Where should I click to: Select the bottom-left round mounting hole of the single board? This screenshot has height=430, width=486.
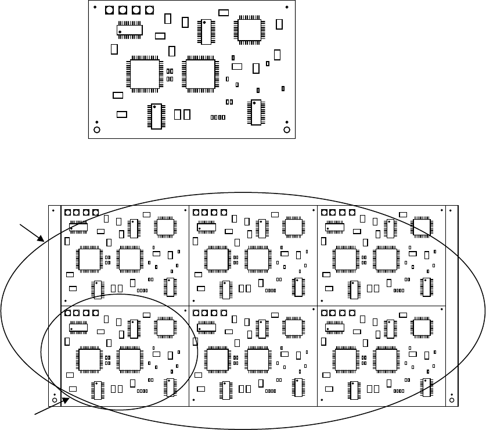click(x=98, y=129)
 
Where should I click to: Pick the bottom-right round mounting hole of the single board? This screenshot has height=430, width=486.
click(x=286, y=129)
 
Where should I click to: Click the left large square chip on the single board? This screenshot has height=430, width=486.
click(x=146, y=74)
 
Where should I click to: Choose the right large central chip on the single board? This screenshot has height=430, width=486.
click(x=200, y=74)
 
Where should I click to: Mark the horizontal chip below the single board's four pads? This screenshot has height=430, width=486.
click(x=129, y=29)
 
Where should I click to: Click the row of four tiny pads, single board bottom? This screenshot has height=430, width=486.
click(x=218, y=117)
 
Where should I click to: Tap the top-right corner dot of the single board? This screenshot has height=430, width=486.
click(x=287, y=7)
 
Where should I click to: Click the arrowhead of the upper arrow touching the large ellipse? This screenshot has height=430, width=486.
click(x=43, y=239)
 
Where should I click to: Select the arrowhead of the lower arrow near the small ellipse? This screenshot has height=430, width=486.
click(x=69, y=399)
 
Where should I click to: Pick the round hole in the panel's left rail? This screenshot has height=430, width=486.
click(x=54, y=400)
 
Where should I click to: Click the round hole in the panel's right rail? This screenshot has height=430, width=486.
click(x=452, y=400)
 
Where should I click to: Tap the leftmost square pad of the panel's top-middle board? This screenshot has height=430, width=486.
click(x=196, y=213)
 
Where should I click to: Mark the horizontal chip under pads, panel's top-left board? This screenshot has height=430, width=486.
click(x=78, y=227)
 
